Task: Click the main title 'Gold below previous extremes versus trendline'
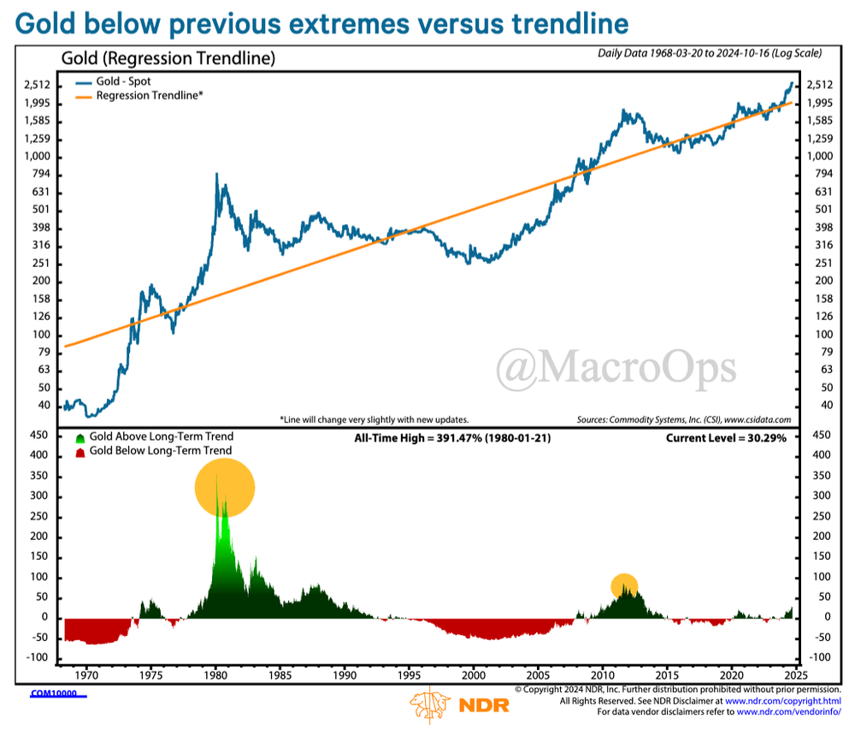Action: (321, 23)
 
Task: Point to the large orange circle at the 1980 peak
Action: (225, 486)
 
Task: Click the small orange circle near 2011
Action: (625, 585)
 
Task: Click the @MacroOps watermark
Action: (616, 367)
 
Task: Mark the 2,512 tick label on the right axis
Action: (818, 85)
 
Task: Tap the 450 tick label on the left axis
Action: (39, 434)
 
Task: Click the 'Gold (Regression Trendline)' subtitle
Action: (168, 60)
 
